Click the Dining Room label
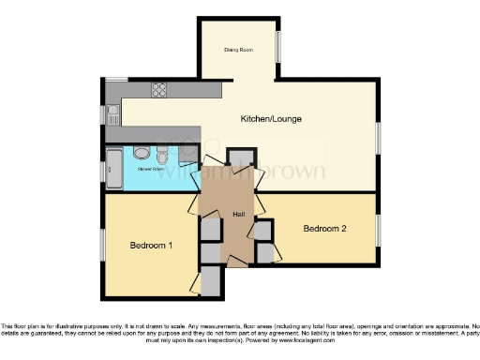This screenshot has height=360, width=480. tap(239, 50)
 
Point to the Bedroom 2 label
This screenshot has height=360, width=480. tap(325, 229)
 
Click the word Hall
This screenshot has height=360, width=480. tap(239, 215)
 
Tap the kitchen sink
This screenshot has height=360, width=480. tap(113, 115)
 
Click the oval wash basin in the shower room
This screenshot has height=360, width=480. tap(141, 153)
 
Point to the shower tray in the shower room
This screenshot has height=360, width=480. tap(113, 170)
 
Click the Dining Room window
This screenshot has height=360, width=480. tap(278, 47)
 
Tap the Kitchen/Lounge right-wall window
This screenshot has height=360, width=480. tap(378, 136)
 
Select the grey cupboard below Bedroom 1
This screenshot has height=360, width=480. tap(212, 280)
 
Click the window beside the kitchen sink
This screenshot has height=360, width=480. tap(104, 114)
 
